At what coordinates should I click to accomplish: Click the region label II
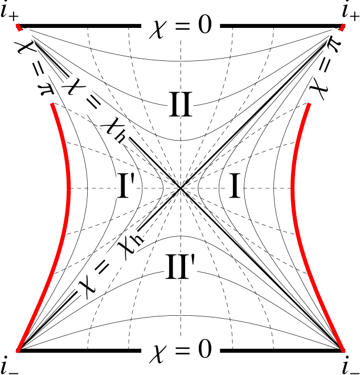click(181, 104)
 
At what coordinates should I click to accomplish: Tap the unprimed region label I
click(235, 185)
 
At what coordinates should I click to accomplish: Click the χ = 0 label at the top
click(181, 26)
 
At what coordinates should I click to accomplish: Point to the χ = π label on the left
click(34, 68)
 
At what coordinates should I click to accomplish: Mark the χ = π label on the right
click(326, 68)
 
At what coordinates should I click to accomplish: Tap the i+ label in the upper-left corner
click(11, 11)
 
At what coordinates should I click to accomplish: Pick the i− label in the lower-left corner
click(11, 364)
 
